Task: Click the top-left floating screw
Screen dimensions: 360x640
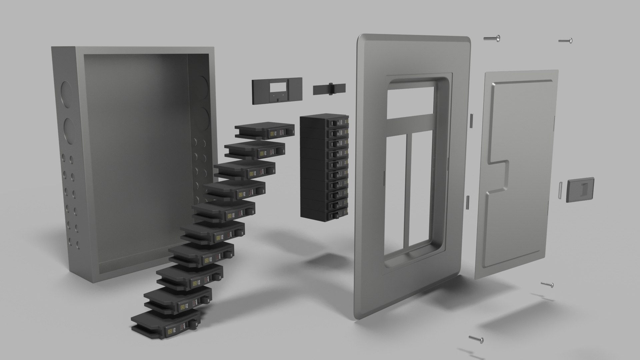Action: click(x=492, y=39)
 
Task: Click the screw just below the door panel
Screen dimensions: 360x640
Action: click(x=547, y=284)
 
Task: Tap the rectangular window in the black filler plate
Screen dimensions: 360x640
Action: click(x=277, y=87)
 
